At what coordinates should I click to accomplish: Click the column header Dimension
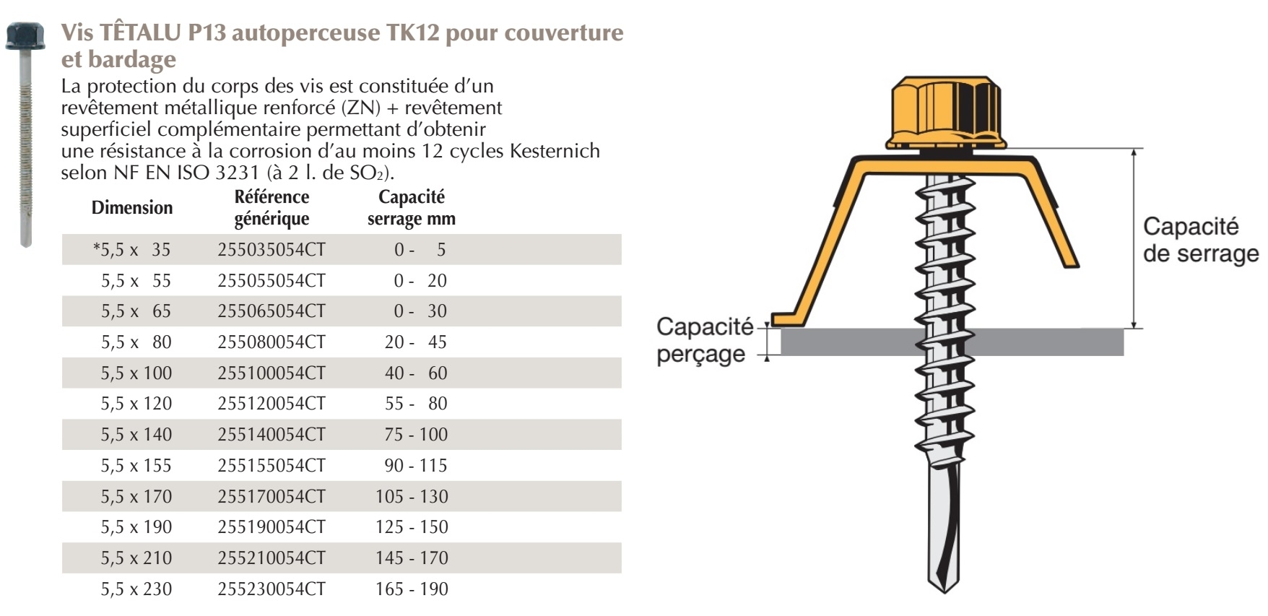[132, 208]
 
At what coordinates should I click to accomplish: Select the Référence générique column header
[272, 208]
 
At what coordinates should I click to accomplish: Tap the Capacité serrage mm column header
[412, 208]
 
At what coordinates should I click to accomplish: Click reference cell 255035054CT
[272, 250]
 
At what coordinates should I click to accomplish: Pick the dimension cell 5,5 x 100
[136, 373]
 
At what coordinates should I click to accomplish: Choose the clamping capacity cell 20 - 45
[416, 342]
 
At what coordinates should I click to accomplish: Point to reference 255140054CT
[272, 435]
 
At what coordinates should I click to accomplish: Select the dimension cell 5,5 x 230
[136, 589]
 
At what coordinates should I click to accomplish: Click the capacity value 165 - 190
[412, 589]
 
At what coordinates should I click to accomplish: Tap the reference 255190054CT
[272, 527]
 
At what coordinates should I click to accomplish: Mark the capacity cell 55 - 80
[416, 404]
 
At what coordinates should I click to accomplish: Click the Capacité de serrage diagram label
[1201, 240]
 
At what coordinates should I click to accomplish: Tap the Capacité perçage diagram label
[705, 340]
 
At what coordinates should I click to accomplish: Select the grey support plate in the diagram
[952, 342]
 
